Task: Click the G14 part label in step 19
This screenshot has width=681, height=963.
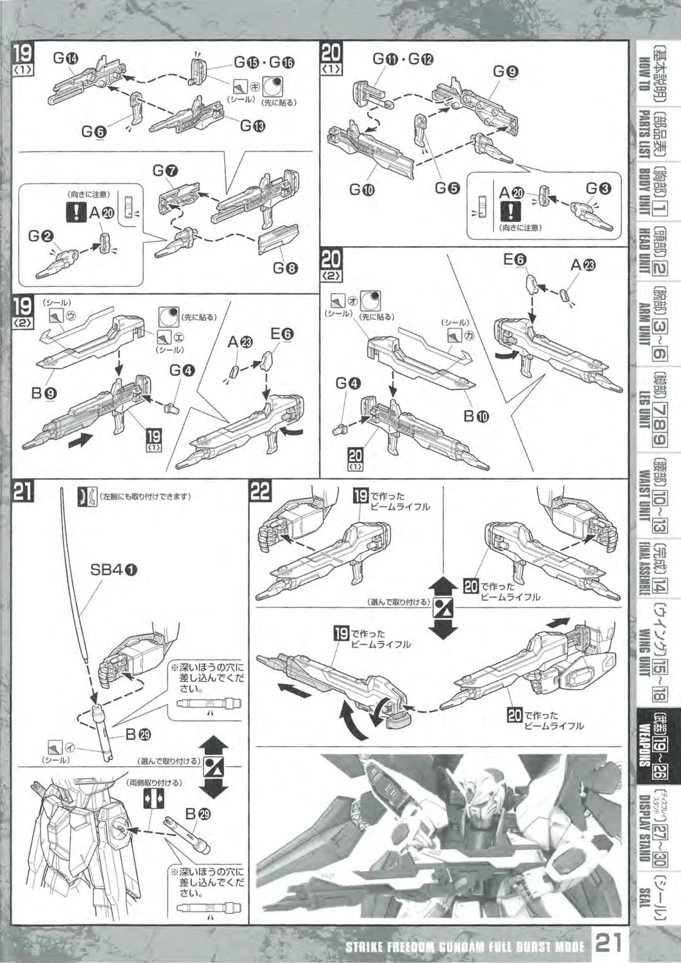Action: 65,59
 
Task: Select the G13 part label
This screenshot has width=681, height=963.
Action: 251,126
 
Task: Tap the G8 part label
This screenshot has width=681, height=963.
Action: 285,269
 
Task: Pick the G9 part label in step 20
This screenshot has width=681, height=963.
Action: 505,72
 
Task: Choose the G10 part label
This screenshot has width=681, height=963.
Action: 363,189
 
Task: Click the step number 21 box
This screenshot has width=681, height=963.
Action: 24,492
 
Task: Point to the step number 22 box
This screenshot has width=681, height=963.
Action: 259,492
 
